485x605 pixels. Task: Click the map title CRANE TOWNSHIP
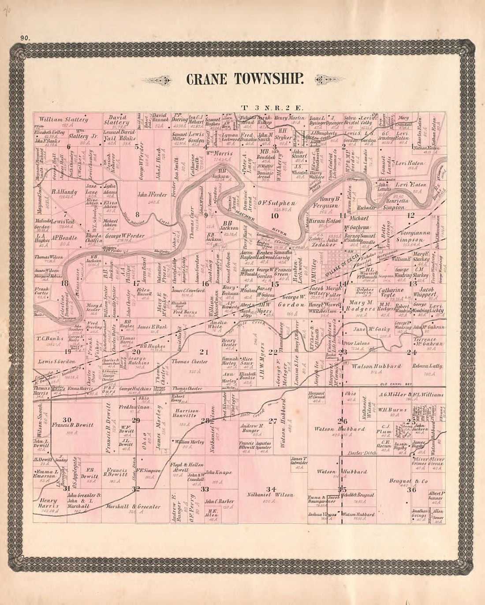point(245,79)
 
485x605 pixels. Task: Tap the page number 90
point(25,38)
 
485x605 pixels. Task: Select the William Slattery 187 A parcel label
point(63,121)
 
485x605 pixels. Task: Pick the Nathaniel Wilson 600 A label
point(271,495)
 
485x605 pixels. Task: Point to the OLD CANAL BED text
point(395,384)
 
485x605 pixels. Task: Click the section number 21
point(203,351)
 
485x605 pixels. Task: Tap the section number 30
point(67,419)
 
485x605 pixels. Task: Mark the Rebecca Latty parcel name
point(427,366)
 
